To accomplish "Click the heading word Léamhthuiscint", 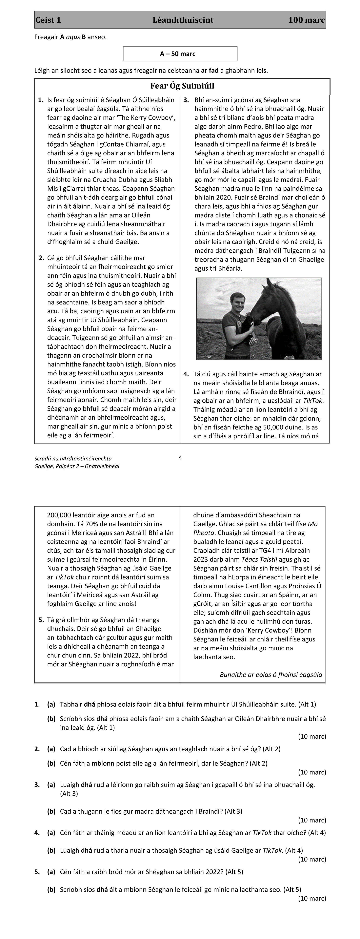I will point(183,20).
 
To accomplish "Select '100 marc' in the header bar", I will point(306,20).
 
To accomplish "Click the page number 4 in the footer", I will point(180,458).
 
